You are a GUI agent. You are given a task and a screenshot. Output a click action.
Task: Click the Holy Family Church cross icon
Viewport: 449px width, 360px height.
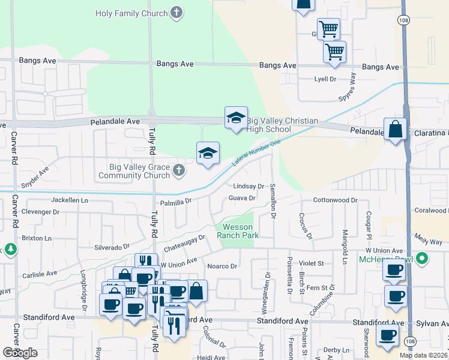(176, 13)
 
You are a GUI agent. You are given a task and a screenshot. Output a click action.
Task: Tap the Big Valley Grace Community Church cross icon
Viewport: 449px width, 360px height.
(178, 171)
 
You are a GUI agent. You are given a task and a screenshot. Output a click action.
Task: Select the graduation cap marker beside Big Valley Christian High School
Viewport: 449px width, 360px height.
(236, 118)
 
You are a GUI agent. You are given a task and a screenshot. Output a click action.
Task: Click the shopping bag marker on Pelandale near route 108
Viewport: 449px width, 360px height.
(395, 130)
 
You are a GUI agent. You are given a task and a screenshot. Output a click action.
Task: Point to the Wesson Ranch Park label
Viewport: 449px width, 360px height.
(241, 231)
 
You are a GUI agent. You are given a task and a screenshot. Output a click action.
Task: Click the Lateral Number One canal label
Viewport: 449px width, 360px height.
(256, 152)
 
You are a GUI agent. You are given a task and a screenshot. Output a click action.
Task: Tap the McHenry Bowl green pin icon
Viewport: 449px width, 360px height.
(422, 259)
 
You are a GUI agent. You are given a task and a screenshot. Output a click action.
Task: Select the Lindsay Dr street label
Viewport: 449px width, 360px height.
(249, 186)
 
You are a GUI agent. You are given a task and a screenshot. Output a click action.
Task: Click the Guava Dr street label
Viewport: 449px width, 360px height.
(243, 198)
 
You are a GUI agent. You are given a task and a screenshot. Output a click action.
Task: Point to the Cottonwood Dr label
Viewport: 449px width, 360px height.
(335, 200)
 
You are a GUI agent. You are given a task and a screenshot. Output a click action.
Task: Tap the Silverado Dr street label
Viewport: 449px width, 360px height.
(112, 247)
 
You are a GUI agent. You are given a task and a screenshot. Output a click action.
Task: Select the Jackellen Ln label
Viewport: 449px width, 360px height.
(70, 199)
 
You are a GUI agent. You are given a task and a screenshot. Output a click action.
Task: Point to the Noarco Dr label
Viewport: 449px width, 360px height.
(223, 266)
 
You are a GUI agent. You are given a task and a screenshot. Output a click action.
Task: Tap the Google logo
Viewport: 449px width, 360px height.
(20, 353)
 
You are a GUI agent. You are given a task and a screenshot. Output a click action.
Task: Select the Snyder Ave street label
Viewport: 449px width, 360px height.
(35, 179)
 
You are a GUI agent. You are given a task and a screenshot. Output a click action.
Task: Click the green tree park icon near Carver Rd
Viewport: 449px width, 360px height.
(10, 248)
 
